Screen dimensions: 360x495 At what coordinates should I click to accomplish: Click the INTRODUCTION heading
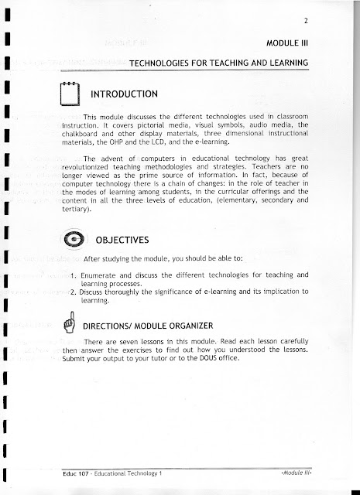125,94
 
